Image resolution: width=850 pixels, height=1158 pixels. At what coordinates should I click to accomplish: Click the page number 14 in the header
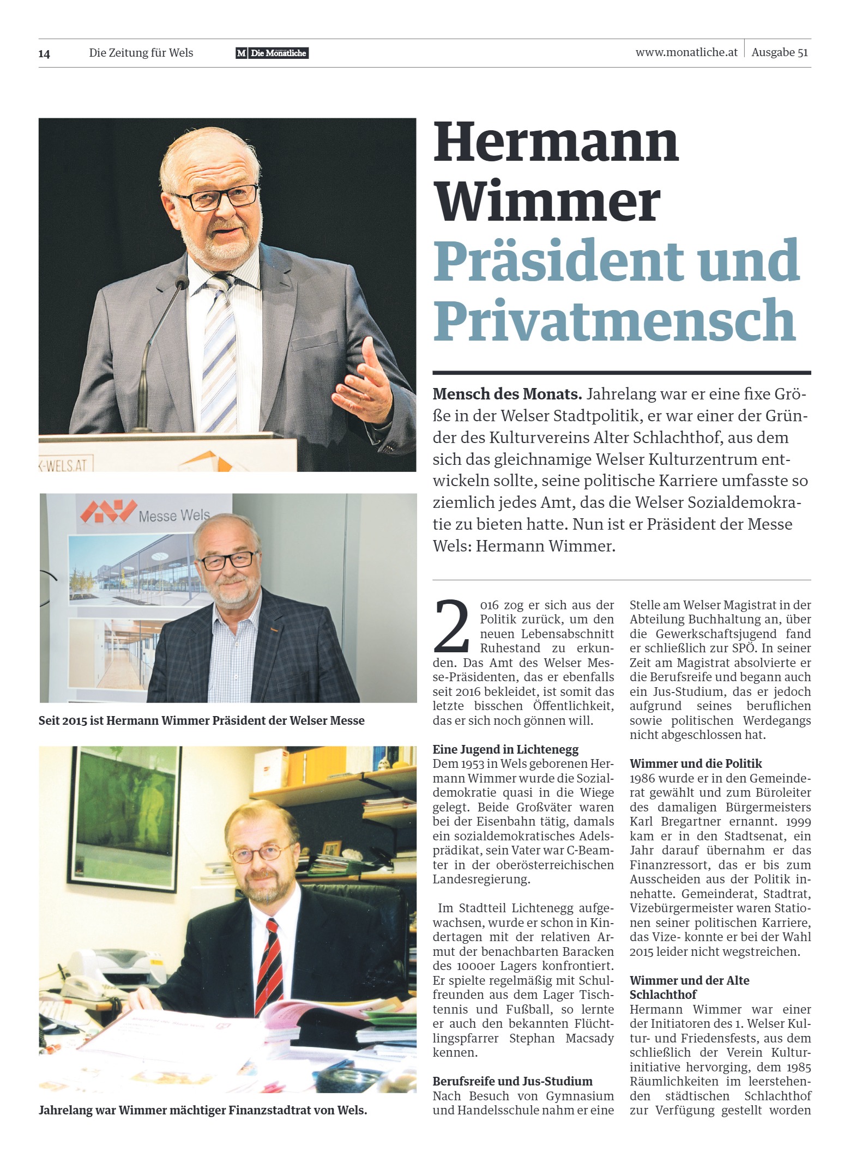coord(44,53)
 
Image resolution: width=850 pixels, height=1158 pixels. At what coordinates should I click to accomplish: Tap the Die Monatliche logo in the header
coord(272,53)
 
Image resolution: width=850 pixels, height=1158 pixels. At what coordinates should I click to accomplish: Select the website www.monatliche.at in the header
coord(686,52)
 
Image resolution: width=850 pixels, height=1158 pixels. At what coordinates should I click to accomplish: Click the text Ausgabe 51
coord(779,52)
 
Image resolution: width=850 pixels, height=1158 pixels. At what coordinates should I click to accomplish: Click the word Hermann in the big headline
coord(556,143)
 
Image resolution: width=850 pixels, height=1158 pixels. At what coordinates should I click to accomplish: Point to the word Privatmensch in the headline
coord(614,320)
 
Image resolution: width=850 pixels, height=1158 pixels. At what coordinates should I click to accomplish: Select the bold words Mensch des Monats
coord(507,394)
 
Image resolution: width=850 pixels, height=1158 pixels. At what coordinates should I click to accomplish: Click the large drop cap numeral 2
coord(451,626)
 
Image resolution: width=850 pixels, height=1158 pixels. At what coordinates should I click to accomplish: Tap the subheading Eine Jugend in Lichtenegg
coord(505,749)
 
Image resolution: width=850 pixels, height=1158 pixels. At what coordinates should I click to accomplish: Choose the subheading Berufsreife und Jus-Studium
coord(513,1081)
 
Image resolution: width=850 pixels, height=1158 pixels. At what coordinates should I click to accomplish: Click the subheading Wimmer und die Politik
coord(696,763)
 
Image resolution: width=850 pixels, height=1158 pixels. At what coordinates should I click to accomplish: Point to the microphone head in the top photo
coord(182,281)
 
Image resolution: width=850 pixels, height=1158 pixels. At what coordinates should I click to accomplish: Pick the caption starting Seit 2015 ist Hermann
coord(202,720)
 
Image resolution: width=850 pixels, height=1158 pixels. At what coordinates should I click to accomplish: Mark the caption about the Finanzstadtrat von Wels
coord(203,1110)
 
